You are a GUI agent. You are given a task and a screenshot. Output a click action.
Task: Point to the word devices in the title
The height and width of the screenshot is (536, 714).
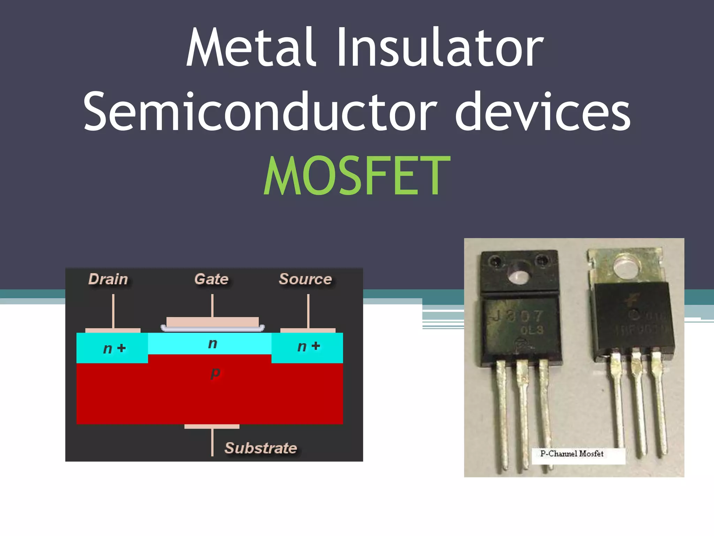pyautogui.click(x=543, y=112)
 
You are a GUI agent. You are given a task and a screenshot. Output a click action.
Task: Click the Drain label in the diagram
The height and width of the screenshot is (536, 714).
pyautogui.click(x=108, y=279)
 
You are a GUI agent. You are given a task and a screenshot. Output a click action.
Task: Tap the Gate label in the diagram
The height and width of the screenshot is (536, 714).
pyautogui.click(x=211, y=279)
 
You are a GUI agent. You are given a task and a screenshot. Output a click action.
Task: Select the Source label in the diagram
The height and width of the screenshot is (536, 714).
pyautogui.click(x=305, y=279)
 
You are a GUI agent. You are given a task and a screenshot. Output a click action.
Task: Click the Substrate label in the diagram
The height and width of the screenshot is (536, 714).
pyautogui.click(x=261, y=448)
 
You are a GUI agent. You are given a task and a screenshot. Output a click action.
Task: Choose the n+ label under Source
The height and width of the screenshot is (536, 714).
pyautogui.click(x=309, y=347)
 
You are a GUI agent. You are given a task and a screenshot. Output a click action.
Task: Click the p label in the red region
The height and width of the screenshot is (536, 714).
pyautogui.click(x=215, y=373)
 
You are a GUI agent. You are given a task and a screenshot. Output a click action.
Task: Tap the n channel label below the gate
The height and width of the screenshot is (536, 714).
pyautogui.click(x=213, y=344)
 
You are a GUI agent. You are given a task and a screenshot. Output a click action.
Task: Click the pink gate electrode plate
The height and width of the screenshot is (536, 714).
pyautogui.click(x=212, y=321)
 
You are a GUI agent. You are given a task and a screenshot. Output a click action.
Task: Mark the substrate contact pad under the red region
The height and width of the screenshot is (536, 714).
pyautogui.click(x=212, y=426)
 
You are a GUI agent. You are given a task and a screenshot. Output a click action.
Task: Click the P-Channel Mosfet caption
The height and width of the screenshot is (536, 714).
pyautogui.click(x=572, y=454)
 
